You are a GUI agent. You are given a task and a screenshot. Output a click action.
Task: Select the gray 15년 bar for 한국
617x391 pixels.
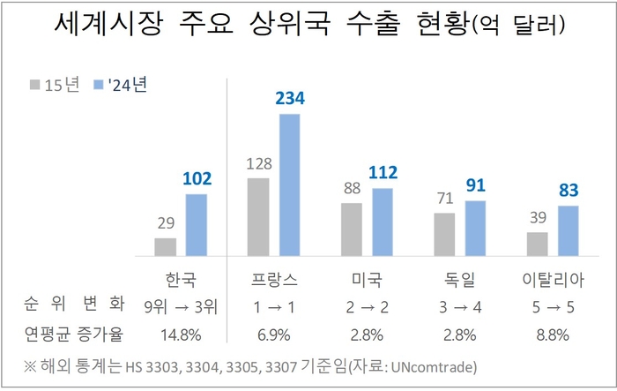click(x=166, y=245)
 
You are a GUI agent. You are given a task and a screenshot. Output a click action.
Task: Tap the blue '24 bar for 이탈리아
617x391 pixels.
click(x=569, y=229)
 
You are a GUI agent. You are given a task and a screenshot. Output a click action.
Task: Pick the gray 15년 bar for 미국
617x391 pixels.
click(x=352, y=228)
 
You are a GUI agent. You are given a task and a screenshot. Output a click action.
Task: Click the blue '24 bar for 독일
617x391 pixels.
click(x=476, y=227)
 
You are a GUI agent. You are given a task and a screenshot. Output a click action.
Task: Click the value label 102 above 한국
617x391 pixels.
click(x=197, y=179)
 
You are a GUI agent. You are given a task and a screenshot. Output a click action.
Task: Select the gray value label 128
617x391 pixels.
click(x=257, y=164)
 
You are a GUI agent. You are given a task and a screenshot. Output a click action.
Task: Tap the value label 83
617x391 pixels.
click(x=569, y=192)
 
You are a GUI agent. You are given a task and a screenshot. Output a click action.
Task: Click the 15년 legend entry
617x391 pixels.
click(x=57, y=85)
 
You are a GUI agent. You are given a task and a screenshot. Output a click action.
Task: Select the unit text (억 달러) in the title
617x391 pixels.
click(x=520, y=31)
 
